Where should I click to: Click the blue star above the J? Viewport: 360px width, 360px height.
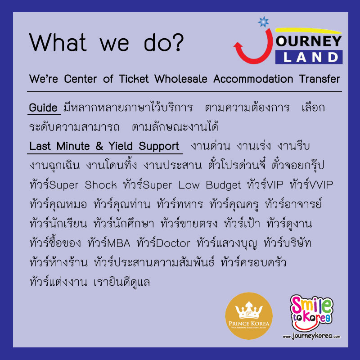[263, 22]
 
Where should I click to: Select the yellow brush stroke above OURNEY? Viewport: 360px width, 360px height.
[308, 30]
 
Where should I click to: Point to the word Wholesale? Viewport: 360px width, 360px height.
[181, 79]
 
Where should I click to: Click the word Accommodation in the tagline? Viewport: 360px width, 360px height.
[253, 79]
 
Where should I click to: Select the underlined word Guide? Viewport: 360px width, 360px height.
[43, 108]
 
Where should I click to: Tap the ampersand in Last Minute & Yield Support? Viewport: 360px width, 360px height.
[99, 146]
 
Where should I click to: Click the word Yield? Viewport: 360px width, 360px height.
[121, 146]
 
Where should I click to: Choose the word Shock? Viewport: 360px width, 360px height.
[100, 185]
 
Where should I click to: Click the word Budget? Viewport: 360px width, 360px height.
[223, 185]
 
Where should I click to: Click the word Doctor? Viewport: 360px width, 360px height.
[173, 243]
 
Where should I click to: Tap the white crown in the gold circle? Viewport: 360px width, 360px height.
[249, 310]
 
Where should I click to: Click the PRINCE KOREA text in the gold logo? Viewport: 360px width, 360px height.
[249, 324]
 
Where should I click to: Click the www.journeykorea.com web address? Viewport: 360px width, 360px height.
[311, 336]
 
